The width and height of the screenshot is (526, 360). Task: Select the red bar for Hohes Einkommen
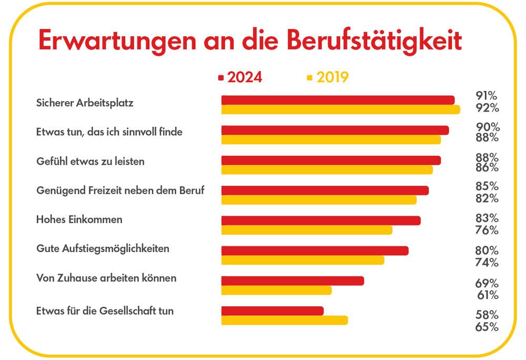pos(321,221)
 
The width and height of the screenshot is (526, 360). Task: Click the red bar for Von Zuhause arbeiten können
pos(292,281)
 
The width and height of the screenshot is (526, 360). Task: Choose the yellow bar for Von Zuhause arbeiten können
pos(276,290)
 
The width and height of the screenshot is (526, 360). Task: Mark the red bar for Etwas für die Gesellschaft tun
pos(272,311)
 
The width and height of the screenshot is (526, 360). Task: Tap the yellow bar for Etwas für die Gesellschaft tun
pos(285,320)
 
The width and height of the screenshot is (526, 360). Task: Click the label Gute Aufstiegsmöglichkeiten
pos(103,248)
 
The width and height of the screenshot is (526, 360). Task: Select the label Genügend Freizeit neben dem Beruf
pos(120,191)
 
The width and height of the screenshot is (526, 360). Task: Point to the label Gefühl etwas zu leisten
pos(90,162)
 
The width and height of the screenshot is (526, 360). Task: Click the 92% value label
pos(487,108)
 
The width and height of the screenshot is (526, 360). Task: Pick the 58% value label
pos(487,315)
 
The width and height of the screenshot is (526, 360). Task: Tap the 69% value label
pos(487,283)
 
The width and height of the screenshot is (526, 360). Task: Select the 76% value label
pos(487,230)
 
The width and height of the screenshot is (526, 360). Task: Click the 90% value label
pos(487,127)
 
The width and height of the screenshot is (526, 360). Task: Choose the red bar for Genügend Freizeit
pos(325,191)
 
